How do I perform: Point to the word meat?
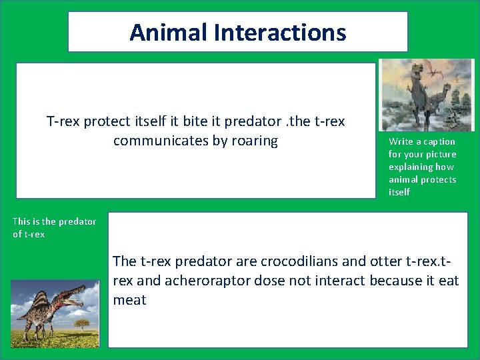(129, 300)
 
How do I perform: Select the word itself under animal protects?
(400, 192)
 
